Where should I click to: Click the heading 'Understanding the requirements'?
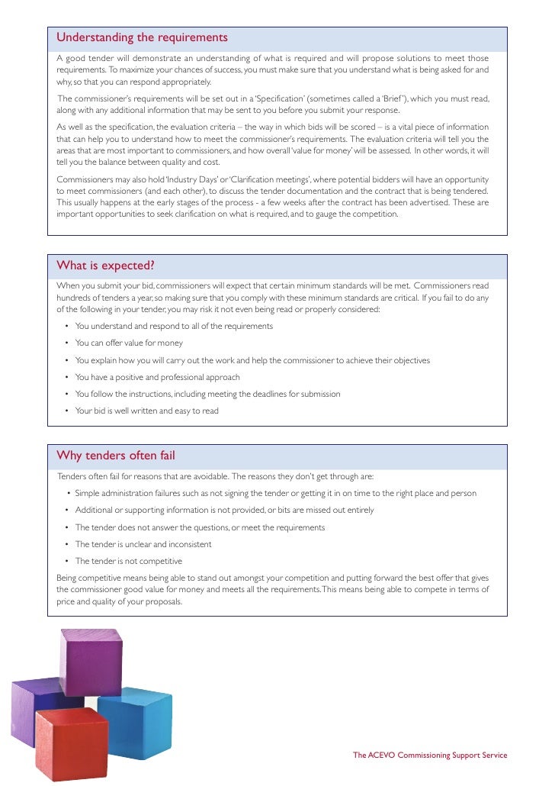point(142,38)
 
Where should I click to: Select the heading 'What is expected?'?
point(106,266)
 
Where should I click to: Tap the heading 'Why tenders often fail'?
point(116,456)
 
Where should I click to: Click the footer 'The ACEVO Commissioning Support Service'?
point(429,755)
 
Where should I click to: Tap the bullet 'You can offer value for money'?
point(129,343)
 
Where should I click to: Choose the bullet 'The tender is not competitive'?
point(128,562)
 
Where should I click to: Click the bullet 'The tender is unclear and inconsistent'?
point(143,545)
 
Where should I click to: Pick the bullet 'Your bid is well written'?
point(146,411)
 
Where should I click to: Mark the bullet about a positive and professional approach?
point(157,377)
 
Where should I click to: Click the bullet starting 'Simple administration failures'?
point(275,493)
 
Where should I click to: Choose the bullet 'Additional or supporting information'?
point(224,511)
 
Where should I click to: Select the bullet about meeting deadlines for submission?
point(207,394)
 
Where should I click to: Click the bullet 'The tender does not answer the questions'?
point(200,527)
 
